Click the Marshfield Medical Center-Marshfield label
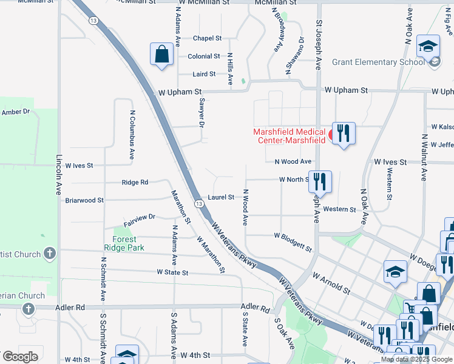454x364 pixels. click(x=290, y=136)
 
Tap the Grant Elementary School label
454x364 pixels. click(x=378, y=62)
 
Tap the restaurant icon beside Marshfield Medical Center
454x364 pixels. click(x=344, y=133)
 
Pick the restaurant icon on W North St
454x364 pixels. click(x=320, y=181)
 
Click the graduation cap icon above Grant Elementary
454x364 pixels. click(x=428, y=46)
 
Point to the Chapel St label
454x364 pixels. click(x=207, y=38)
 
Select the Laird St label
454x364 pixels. click(x=204, y=74)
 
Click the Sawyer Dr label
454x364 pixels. click(x=202, y=113)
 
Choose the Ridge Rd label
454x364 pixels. click(x=135, y=182)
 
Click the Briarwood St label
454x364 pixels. click(x=84, y=200)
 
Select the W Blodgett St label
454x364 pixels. click(x=293, y=241)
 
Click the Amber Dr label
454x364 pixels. click(x=15, y=112)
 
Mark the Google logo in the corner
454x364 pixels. click(x=20, y=357)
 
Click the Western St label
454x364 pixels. click(x=339, y=209)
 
